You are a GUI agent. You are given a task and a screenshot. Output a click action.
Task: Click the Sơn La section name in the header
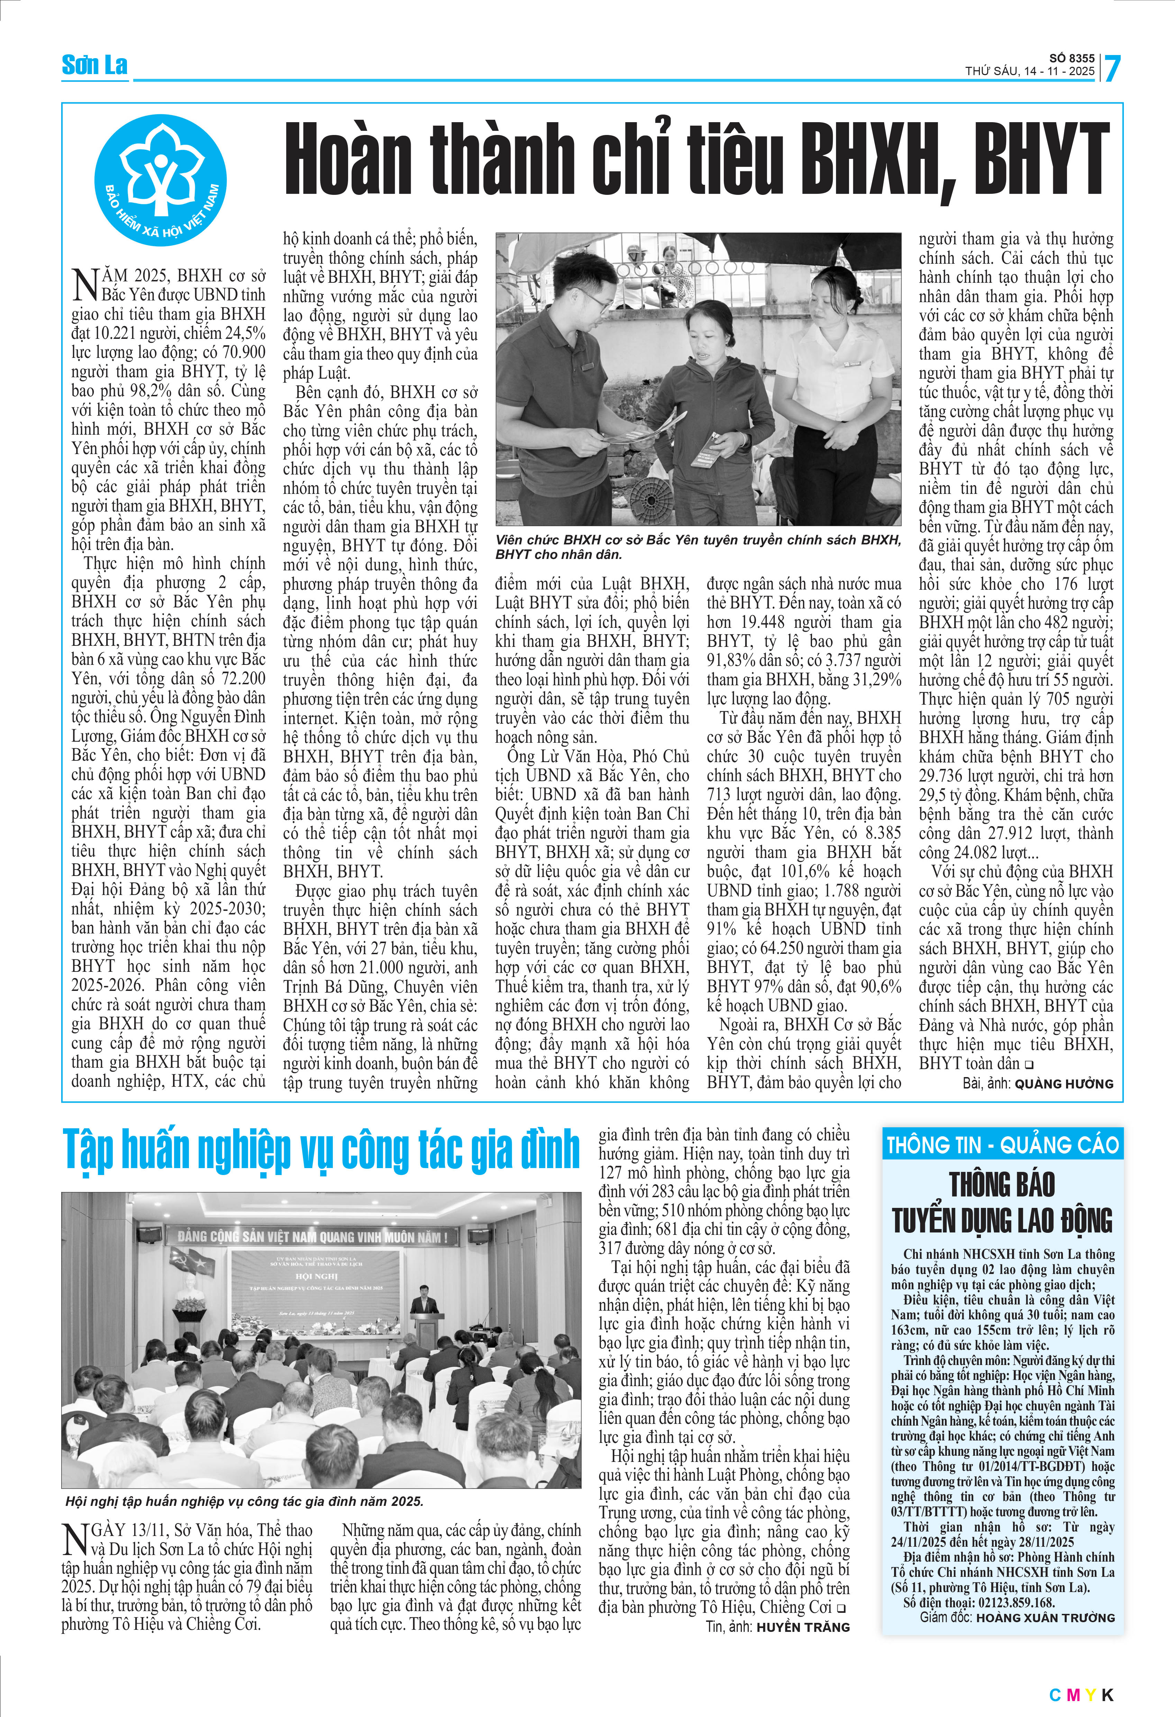[x=94, y=65]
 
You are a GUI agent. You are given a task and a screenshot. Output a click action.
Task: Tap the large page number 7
[x=1111, y=68]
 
